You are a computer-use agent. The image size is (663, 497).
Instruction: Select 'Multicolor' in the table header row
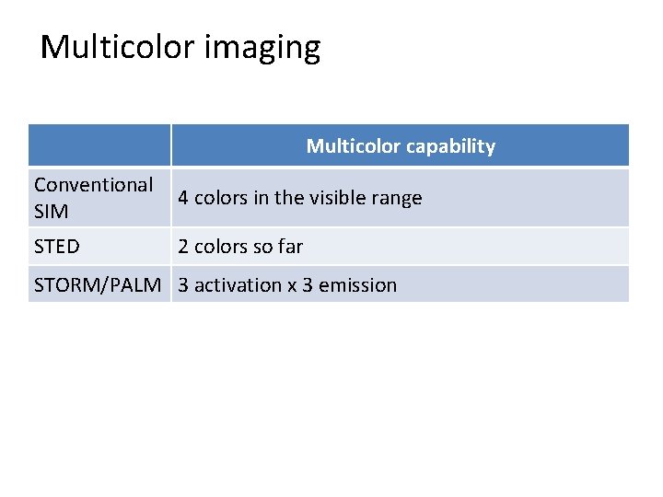(354, 146)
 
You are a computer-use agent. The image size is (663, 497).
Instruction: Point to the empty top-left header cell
(99, 145)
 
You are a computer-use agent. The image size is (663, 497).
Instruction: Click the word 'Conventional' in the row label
(93, 185)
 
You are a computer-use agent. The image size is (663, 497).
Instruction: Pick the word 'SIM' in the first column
(51, 211)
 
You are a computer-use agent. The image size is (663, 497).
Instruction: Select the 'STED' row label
(56, 247)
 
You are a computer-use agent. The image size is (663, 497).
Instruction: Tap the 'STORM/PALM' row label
(100, 285)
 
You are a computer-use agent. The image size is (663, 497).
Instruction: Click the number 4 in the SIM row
(184, 198)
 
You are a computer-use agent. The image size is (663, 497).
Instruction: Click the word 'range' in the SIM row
(398, 199)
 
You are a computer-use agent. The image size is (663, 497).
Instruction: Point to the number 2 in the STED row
(184, 247)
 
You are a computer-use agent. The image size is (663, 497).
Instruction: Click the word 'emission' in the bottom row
(357, 285)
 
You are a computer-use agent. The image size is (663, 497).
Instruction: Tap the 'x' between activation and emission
(292, 286)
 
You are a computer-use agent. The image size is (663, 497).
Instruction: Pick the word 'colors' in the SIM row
(218, 198)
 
